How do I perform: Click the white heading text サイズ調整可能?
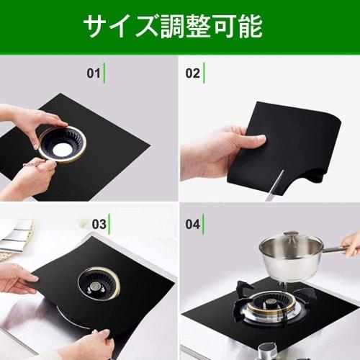point(173,27)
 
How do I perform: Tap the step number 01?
point(93,73)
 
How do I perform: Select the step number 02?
point(192,73)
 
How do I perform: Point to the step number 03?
point(99,225)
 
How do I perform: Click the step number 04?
point(192,225)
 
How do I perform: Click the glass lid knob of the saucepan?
point(291,235)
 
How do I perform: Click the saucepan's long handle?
point(338,249)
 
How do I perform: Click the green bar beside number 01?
point(104,73)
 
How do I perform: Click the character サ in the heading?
point(94,27)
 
